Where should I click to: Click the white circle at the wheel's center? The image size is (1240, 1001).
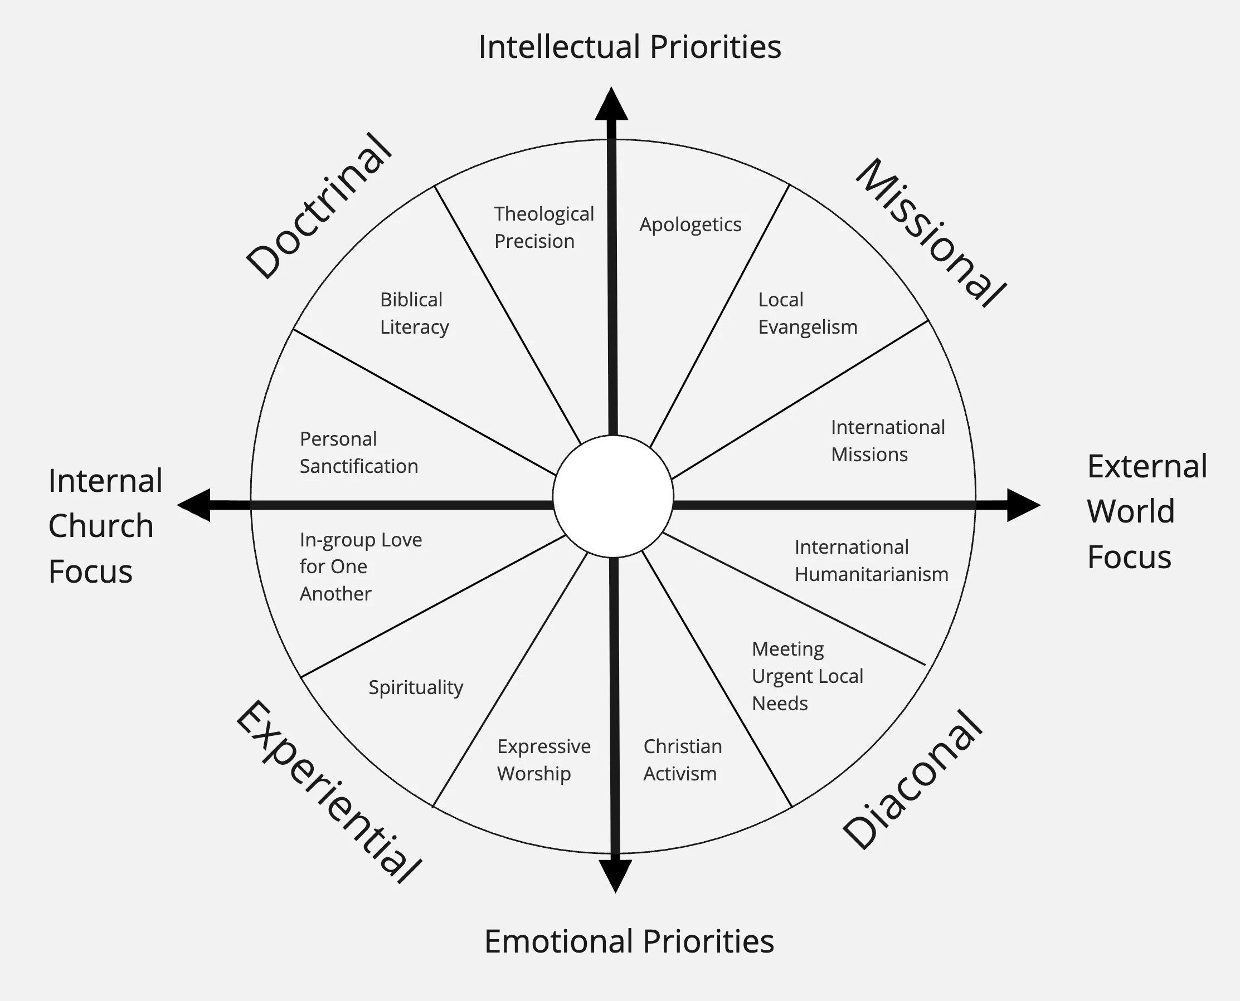coord(612,496)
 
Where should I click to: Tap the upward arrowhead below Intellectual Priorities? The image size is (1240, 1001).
coord(611,105)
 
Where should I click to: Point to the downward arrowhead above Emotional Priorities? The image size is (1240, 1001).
coord(615,875)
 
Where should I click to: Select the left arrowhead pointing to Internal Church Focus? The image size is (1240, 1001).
coord(194,505)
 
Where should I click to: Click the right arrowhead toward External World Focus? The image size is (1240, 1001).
coord(1023,505)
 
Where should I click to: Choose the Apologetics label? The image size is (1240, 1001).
coord(690,225)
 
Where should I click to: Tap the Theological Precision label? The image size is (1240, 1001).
coord(543,227)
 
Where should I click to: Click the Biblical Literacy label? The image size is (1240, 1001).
coord(414,313)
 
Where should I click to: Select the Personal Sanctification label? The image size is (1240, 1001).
coord(358,453)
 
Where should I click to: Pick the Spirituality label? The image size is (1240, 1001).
coord(416,687)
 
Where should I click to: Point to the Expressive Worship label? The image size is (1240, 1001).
coord(543,759)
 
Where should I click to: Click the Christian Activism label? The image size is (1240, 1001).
coord(682,759)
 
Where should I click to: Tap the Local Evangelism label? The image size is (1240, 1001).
coord(807,313)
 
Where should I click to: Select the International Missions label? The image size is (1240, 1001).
coord(887,441)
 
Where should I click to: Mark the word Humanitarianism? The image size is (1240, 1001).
coord(871,574)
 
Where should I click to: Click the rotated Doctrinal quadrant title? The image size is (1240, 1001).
coord(319,206)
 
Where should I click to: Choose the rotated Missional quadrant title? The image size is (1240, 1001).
coord(930,232)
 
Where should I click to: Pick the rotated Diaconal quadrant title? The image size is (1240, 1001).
coord(912,780)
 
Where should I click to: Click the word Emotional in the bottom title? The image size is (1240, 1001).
coord(558,941)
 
